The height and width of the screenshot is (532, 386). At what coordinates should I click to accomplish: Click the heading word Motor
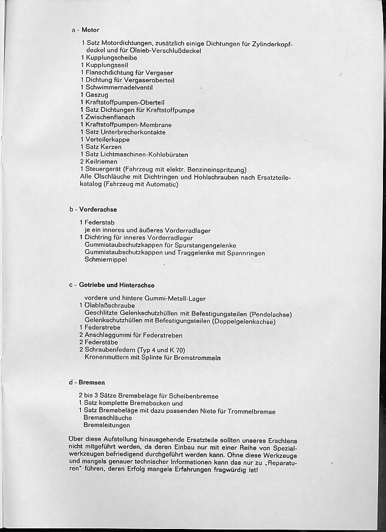90,30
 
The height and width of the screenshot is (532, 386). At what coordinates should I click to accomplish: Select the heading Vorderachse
98,209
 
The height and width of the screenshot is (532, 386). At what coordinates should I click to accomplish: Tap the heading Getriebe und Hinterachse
117,285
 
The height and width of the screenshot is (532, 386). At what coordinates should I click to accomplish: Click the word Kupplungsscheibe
111,58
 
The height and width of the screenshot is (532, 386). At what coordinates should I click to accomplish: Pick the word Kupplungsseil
106,66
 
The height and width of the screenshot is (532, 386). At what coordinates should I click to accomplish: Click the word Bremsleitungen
108,426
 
